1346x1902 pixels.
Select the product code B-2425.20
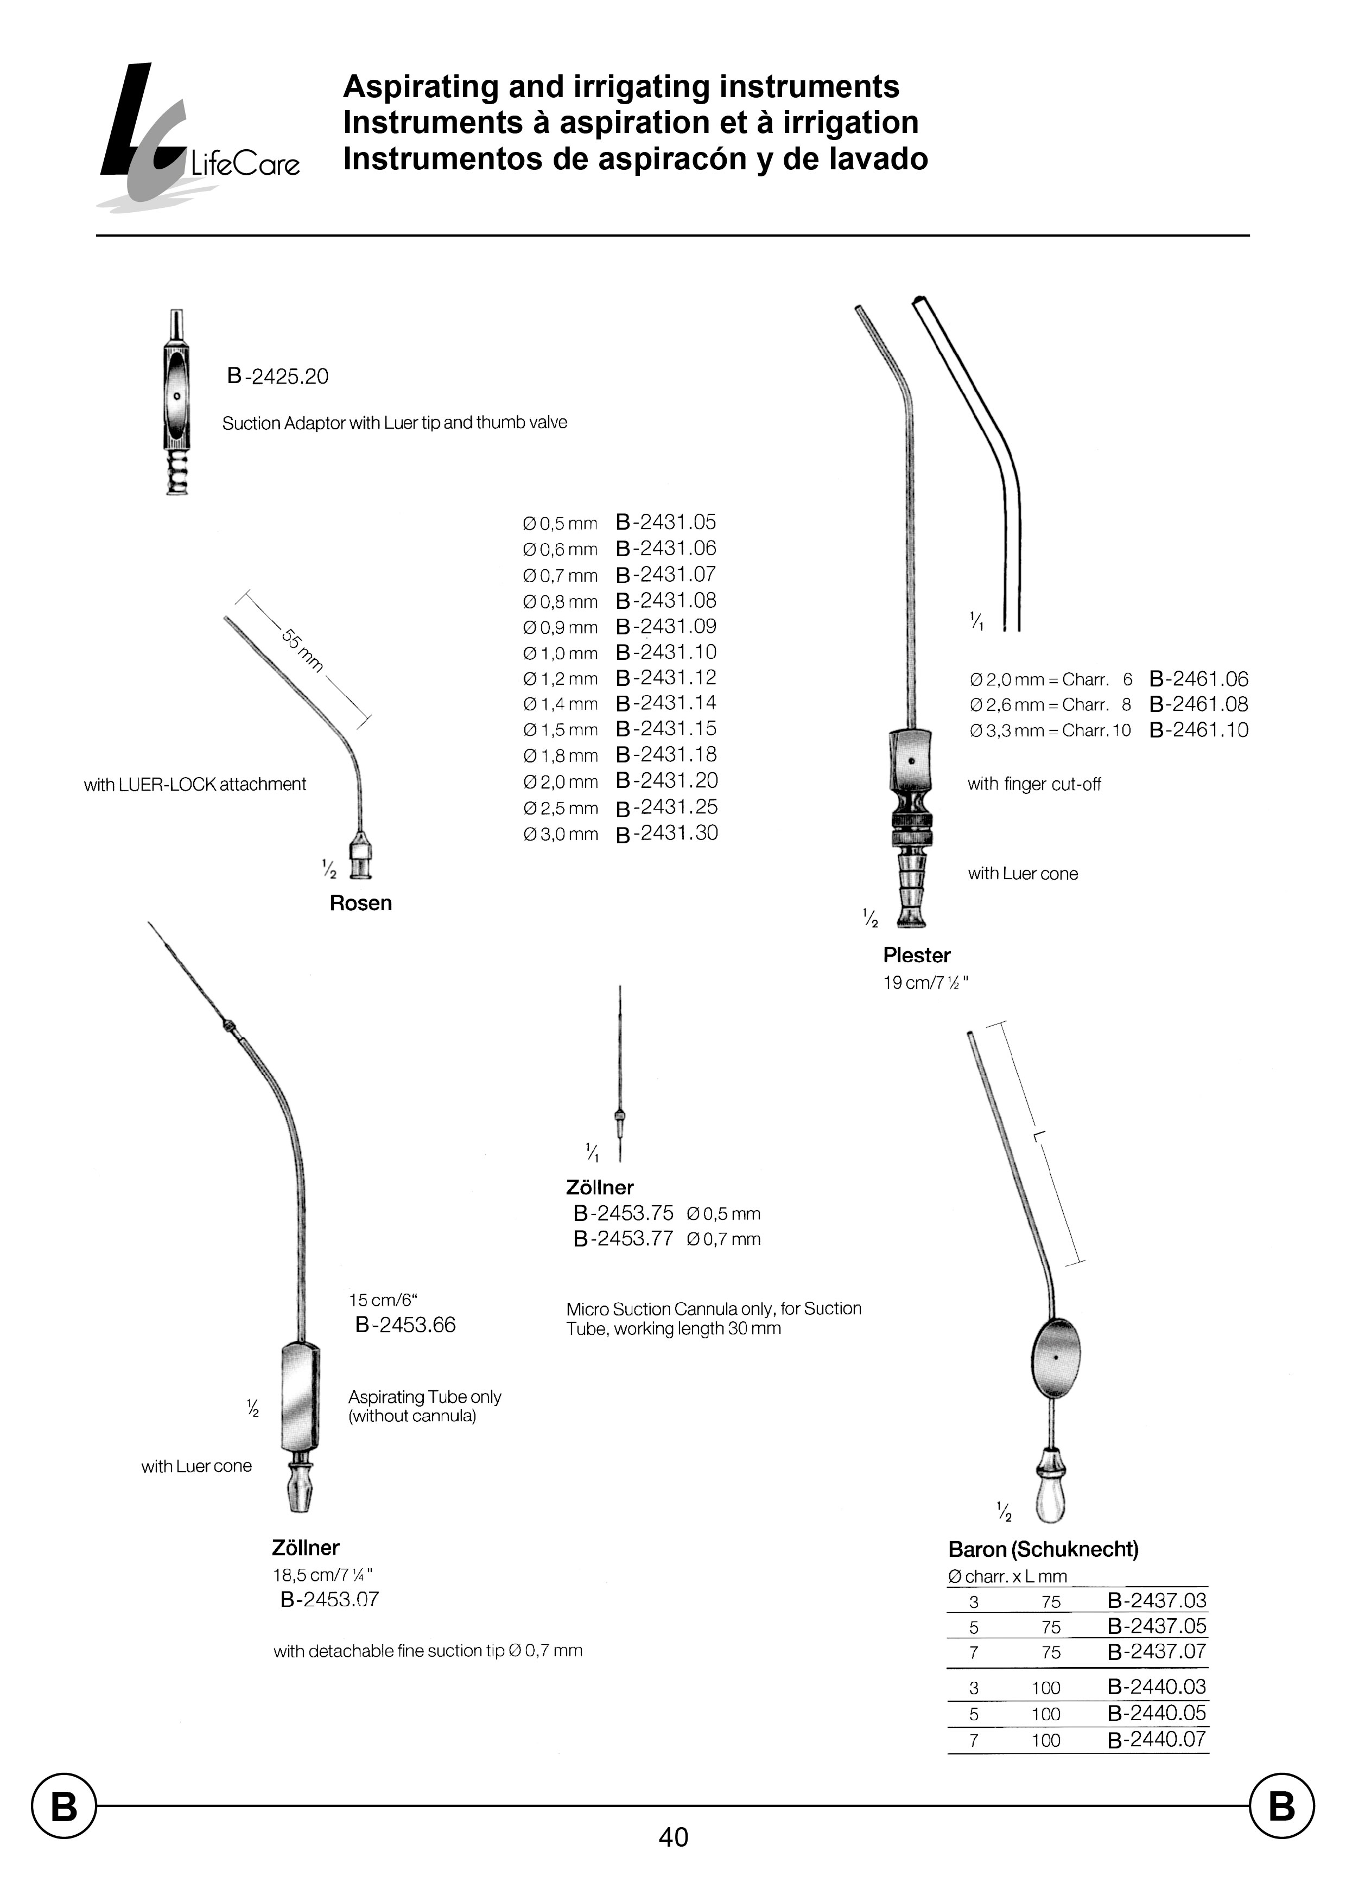click(278, 377)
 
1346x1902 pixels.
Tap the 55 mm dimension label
click(302, 651)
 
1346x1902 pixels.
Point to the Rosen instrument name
click(360, 904)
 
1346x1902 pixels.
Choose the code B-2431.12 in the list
click(666, 678)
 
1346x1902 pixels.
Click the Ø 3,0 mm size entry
click(560, 835)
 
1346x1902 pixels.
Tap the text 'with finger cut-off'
click(1034, 784)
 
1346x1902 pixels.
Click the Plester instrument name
click(917, 956)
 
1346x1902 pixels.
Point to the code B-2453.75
click(623, 1213)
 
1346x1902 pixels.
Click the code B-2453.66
click(405, 1325)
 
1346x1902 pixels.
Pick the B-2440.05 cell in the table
click(1157, 1713)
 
